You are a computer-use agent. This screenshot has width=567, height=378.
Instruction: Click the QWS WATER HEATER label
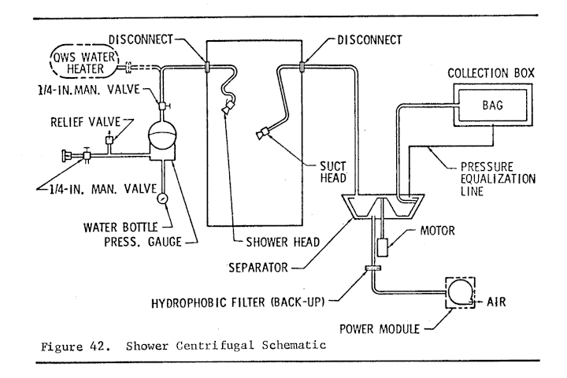pyautogui.click(x=84, y=63)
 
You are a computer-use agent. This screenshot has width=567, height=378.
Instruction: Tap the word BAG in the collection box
pyautogui.click(x=492, y=106)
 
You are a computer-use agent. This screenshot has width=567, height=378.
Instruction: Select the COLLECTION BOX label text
pyautogui.click(x=491, y=73)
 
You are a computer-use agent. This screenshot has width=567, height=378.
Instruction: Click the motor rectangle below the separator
pyautogui.click(x=382, y=248)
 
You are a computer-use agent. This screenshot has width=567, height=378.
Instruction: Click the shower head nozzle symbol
pyautogui.click(x=228, y=107)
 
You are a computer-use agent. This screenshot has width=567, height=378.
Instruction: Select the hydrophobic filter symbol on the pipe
pyautogui.click(x=372, y=268)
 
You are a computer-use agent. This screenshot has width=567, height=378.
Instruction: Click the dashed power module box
pyautogui.click(x=460, y=293)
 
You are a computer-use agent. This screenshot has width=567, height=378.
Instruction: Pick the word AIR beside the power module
pyautogui.click(x=496, y=302)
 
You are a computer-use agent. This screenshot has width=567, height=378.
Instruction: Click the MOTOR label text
pyautogui.click(x=437, y=231)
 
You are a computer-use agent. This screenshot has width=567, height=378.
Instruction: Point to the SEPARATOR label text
pyautogui.click(x=258, y=268)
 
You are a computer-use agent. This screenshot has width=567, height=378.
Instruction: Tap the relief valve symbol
pyautogui.click(x=109, y=140)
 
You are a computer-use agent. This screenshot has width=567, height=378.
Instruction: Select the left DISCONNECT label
pyautogui.click(x=141, y=39)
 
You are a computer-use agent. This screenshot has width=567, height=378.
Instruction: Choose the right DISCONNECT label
pyautogui.click(x=369, y=40)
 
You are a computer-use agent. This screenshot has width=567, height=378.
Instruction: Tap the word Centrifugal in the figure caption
pyautogui.click(x=215, y=346)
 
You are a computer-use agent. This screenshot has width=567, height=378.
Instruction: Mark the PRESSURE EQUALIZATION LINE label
pyautogui.click(x=498, y=179)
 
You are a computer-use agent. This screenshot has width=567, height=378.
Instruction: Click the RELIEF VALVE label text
pyautogui.click(x=85, y=122)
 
